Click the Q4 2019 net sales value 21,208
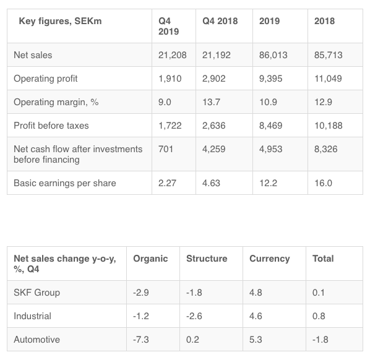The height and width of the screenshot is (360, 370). pyautogui.click(x=172, y=55)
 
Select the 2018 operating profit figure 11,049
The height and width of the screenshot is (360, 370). pyautogui.click(x=328, y=79)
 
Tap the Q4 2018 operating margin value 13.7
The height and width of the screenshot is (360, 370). pyautogui.click(x=211, y=102)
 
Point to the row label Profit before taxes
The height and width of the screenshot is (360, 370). pyautogui.click(x=51, y=126)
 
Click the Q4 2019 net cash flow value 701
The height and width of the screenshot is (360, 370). pyautogui.click(x=166, y=149)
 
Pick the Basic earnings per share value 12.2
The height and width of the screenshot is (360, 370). pyautogui.click(x=268, y=183)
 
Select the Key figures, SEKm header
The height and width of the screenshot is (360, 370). pyautogui.click(x=60, y=21)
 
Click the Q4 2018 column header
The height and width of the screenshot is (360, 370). pyautogui.click(x=220, y=21)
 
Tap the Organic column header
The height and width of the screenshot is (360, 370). pyautogui.click(x=150, y=259)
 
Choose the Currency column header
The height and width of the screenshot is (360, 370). pyautogui.click(x=270, y=259)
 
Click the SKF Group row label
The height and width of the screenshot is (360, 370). pyautogui.click(x=37, y=293)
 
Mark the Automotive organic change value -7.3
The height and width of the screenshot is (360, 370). pyautogui.click(x=141, y=340)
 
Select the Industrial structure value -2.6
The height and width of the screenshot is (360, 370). pyautogui.click(x=194, y=316)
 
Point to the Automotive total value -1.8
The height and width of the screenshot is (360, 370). pyautogui.click(x=321, y=340)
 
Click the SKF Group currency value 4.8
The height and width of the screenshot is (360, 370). pyautogui.click(x=256, y=293)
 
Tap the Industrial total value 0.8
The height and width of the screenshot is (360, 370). pyautogui.click(x=319, y=316)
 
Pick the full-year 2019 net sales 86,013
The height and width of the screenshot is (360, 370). pyautogui.click(x=273, y=55)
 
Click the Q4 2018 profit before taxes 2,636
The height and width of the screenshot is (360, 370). pyautogui.click(x=214, y=126)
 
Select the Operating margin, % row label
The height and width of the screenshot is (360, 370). pyautogui.click(x=56, y=102)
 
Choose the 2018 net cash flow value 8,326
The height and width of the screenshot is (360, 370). pyautogui.click(x=325, y=149)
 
